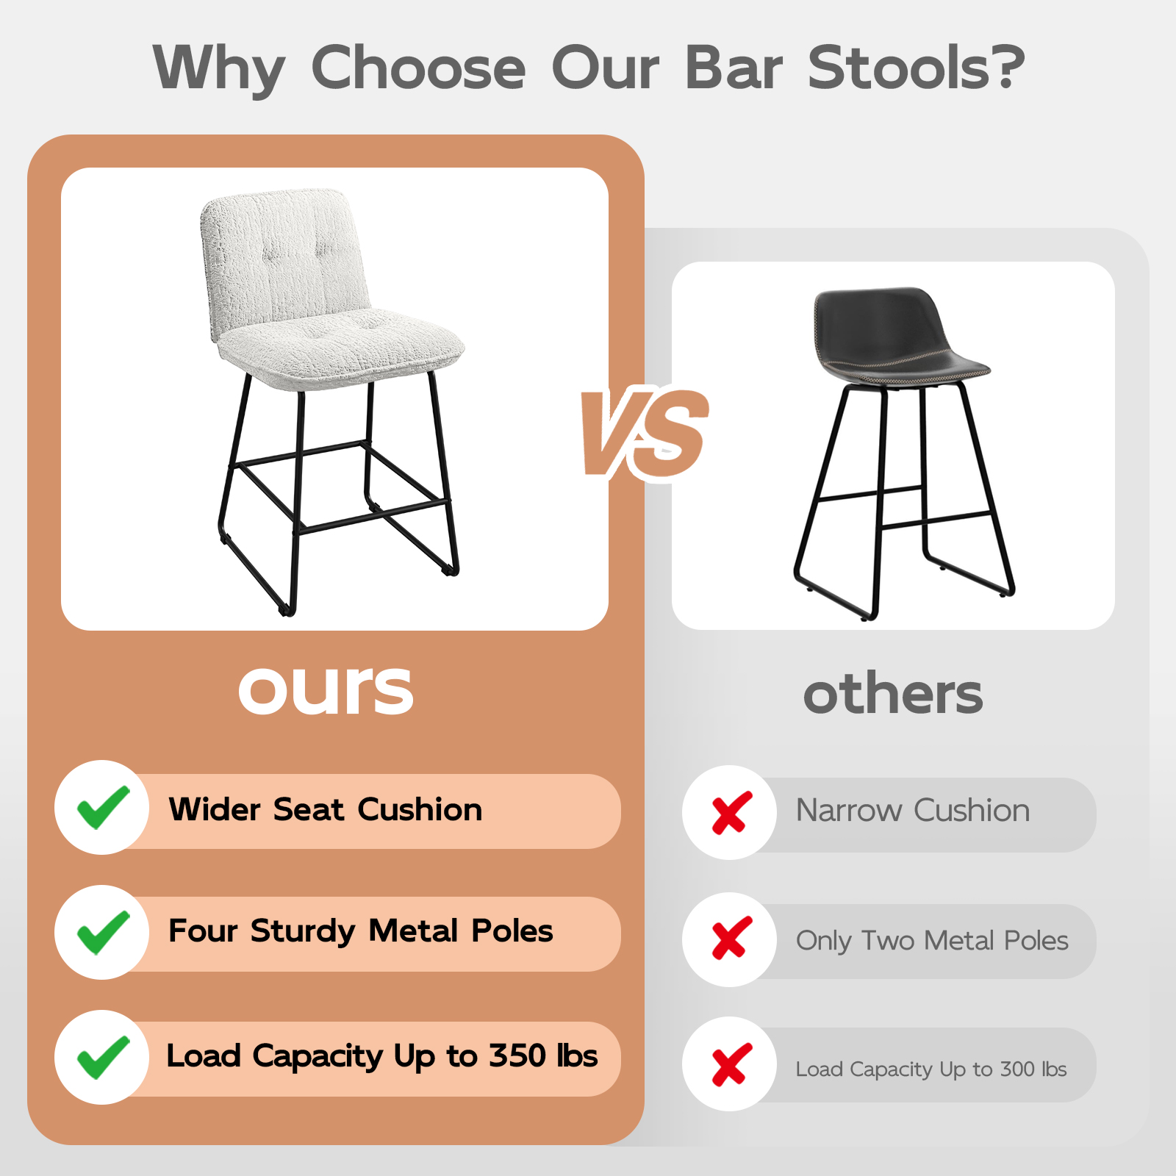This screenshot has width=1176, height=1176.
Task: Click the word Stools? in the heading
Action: coord(916,67)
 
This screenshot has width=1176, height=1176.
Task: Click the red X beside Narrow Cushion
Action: coord(731,813)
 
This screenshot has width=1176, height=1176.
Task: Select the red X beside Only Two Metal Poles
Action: coord(731,938)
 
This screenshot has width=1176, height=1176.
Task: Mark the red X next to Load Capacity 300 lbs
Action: coord(731,1064)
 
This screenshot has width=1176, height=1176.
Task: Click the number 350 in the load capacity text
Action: coord(517,1055)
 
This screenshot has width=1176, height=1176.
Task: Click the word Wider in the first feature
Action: coord(215,809)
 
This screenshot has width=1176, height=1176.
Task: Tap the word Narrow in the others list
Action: coord(849,811)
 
